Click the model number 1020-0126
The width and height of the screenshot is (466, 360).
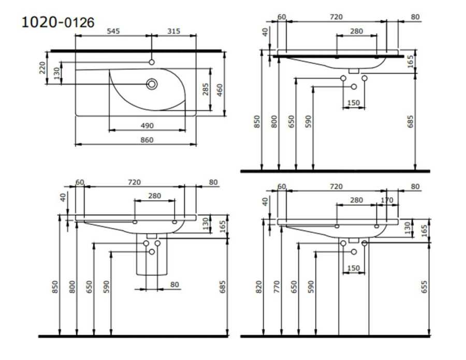(x=58, y=22)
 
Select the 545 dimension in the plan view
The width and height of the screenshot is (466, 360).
(x=113, y=31)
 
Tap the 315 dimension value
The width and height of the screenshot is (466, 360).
(x=173, y=31)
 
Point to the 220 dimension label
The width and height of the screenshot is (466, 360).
(x=42, y=68)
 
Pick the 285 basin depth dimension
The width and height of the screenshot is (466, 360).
(x=206, y=89)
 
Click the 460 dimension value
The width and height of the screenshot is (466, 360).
(x=220, y=90)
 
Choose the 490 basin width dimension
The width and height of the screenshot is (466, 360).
(x=147, y=126)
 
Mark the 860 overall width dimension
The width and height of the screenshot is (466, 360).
(x=147, y=140)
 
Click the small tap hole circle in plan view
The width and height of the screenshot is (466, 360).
(x=152, y=62)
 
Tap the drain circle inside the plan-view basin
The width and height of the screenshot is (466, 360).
(x=152, y=84)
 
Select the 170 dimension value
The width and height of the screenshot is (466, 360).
(x=387, y=200)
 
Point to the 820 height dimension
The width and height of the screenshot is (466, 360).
(x=258, y=287)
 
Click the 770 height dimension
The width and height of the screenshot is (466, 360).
(x=276, y=287)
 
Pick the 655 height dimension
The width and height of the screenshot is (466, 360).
(x=424, y=287)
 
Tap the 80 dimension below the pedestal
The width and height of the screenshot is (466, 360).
(x=174, y=284)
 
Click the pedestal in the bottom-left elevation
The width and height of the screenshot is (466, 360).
(x=152, y=254)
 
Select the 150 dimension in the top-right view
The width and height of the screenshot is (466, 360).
(x=353, y=103)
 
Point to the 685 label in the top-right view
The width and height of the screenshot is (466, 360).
(x=410, y=122)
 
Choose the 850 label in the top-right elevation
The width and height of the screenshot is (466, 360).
(x=257, y=122)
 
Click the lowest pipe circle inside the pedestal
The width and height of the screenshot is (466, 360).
(x=152, y=252)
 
